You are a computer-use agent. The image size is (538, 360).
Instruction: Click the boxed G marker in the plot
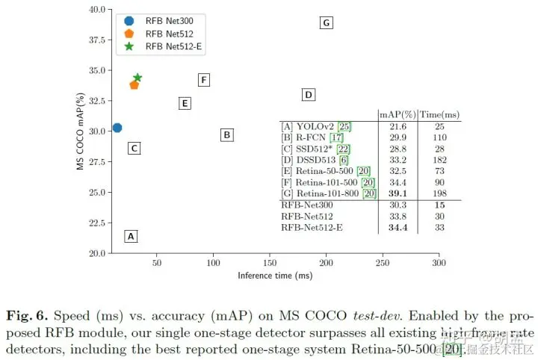326,23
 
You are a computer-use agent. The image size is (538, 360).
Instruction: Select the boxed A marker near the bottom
131,236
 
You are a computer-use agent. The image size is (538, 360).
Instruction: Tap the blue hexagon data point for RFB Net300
117,128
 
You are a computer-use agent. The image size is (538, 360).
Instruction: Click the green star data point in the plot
137,78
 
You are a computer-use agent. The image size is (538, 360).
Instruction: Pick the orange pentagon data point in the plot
134,84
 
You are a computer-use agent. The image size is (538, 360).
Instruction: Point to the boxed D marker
308,94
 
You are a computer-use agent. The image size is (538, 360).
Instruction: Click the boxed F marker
203,80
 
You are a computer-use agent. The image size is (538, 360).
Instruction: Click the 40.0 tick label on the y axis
96,10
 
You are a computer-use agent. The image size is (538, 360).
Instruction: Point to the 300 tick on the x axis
439,263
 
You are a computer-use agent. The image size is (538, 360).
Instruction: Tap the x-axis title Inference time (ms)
275,276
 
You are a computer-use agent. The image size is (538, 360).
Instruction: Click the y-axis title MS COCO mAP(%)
80,131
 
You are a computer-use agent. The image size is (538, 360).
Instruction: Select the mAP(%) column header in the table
398,114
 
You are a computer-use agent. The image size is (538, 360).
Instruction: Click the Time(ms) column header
440,114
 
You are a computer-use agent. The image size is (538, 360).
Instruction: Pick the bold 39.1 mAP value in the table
398,193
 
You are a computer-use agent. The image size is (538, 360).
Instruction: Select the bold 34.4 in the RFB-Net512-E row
398,227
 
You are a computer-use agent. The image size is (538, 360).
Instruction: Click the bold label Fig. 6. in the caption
28,314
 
